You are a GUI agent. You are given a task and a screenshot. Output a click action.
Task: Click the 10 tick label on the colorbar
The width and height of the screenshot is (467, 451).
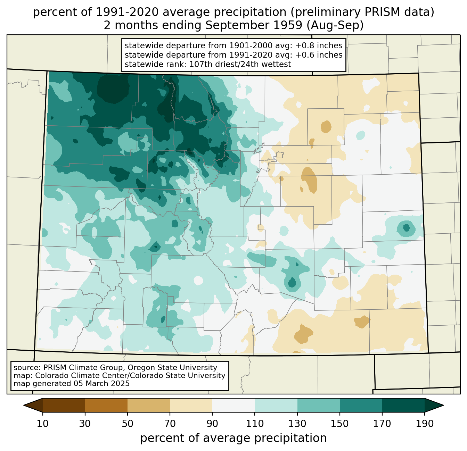43,424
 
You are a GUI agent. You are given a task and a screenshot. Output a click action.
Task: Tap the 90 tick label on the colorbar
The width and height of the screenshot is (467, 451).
212,424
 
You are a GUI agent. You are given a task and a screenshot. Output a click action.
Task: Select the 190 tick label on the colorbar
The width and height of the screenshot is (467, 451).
425,424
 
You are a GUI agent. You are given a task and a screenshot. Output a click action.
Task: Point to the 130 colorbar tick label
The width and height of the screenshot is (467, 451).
297,424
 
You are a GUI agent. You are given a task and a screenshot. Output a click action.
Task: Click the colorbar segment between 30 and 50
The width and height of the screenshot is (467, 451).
106,405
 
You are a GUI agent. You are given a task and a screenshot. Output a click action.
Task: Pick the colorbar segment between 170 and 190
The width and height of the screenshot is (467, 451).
403,405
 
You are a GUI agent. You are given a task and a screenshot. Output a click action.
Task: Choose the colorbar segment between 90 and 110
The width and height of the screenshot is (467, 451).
233,405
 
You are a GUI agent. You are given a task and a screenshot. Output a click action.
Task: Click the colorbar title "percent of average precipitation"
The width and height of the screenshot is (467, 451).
233,438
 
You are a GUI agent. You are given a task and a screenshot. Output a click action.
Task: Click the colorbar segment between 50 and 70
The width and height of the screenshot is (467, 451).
149,405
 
